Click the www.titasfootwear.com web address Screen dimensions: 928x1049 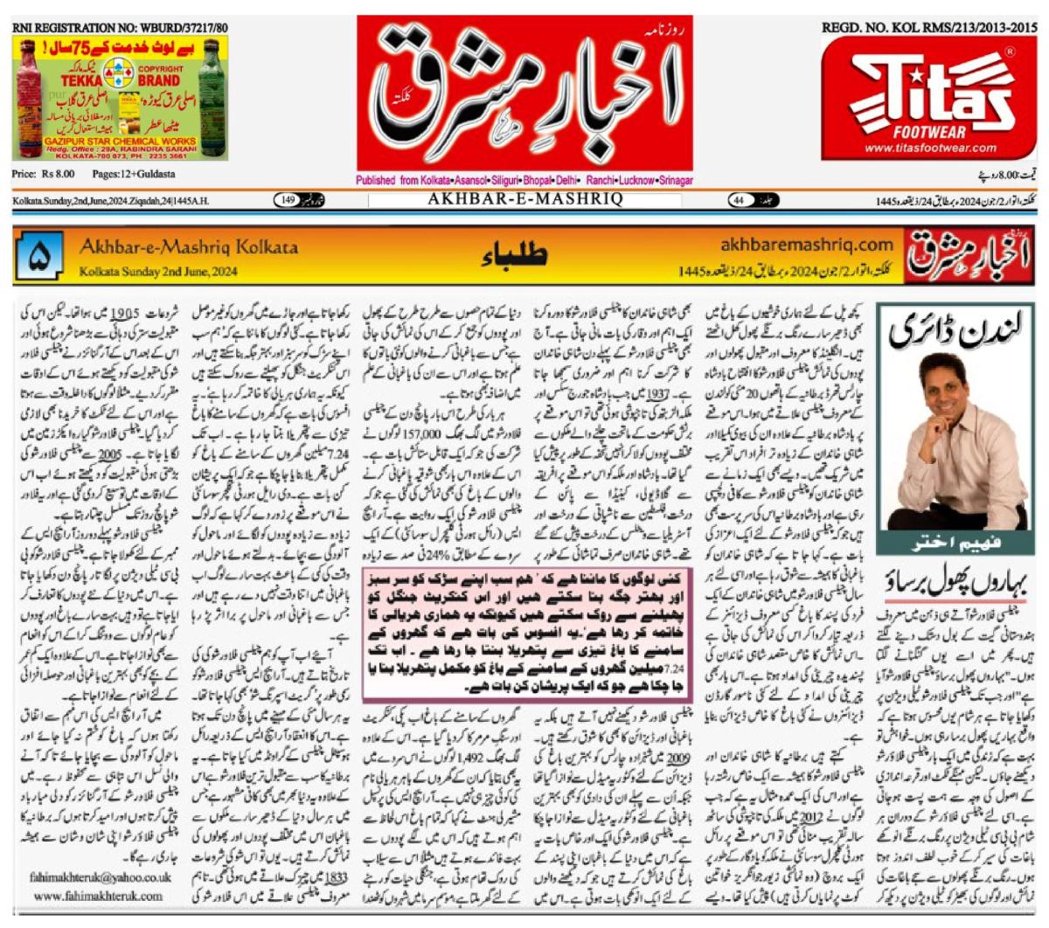coord(930,148)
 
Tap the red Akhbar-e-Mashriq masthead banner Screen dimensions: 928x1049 coord(524,92)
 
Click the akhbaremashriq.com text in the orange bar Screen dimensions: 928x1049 coord(807,245)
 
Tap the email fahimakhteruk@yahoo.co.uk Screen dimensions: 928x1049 coord(101,876)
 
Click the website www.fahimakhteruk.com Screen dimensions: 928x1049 coord(99,896)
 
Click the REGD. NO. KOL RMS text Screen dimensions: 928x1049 coord(929,28)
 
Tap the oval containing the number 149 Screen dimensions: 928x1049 coord(288,201)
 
